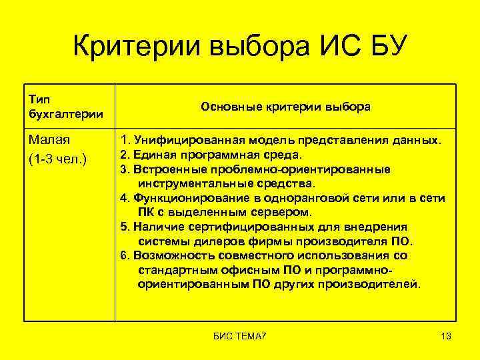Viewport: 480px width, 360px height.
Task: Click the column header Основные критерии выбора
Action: (285, 107)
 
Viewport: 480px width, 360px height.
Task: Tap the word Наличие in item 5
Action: (155, 227)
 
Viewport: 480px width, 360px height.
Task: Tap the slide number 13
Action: (446, 337)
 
